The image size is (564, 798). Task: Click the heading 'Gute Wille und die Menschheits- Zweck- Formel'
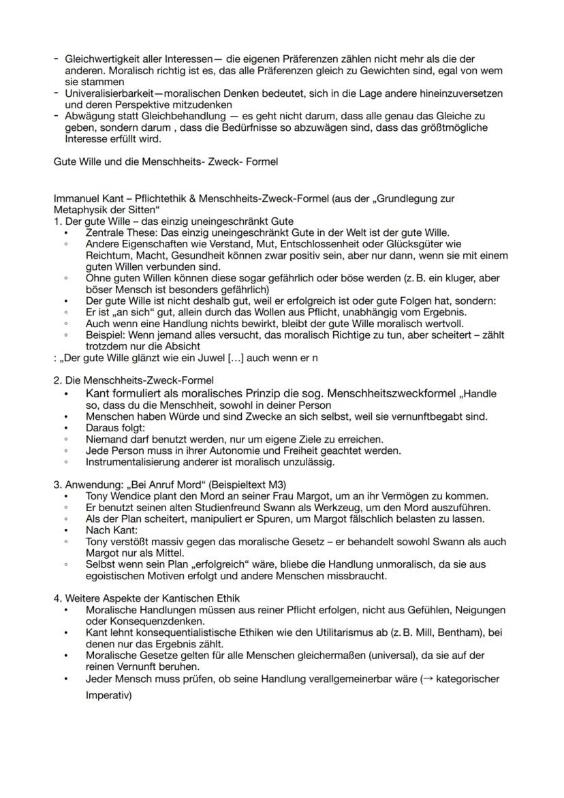pos(166,162)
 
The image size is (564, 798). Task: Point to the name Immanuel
pos(76,199)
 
